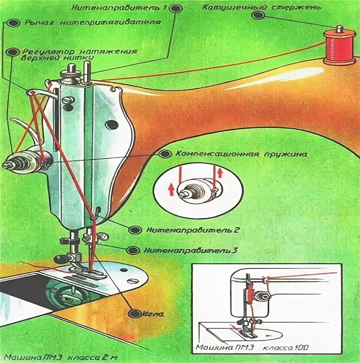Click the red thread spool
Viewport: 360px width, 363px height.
[339, 46]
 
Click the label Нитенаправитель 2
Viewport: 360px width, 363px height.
[193, 230]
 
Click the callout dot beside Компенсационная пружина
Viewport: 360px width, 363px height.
[164, 154]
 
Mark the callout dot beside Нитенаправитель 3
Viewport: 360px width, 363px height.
[134, 250]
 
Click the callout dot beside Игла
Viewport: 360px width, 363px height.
[135, 312]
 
